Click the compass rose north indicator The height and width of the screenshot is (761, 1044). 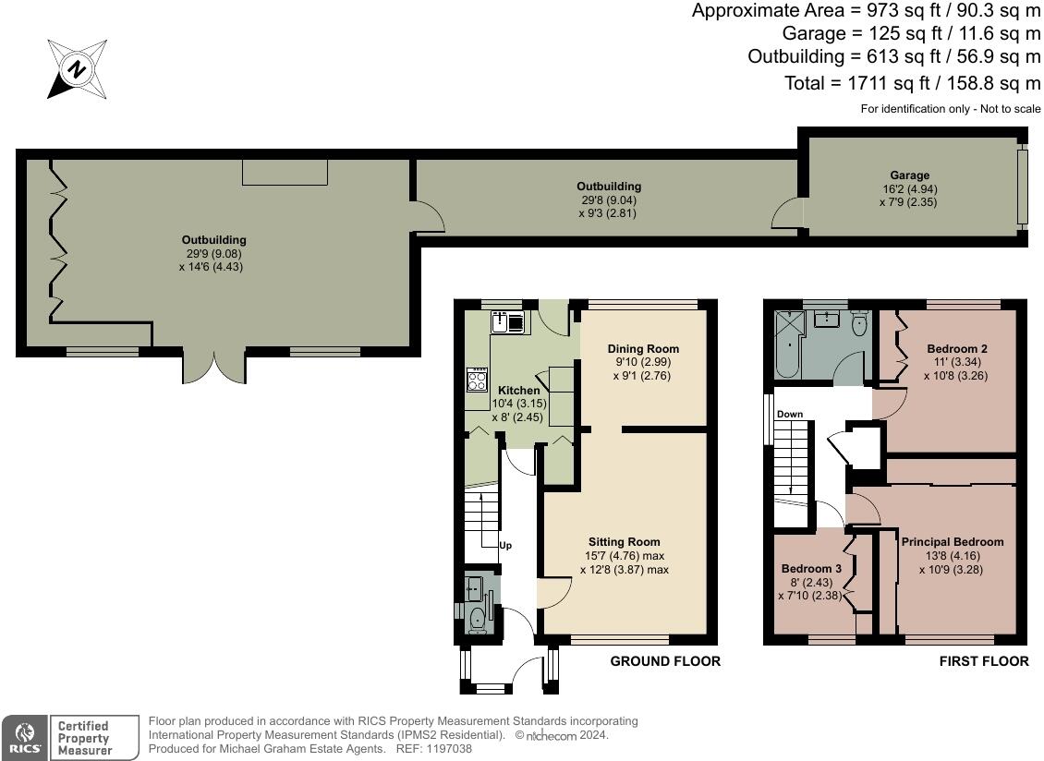click(78, 68)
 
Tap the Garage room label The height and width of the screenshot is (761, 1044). click(909, 175)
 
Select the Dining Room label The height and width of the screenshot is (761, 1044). click(643, 348)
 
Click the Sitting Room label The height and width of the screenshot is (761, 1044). click(624, 542)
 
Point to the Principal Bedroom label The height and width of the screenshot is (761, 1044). click(953, 542)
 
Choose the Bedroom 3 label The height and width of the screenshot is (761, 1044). click(811, 569)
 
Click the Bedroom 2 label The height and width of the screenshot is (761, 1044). click(957, 348)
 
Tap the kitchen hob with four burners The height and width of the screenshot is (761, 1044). click(477, 380)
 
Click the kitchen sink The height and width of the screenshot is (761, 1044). click(508, 322)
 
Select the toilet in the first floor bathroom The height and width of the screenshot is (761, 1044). click(859, 323)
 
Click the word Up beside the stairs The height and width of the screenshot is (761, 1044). click(505, 545)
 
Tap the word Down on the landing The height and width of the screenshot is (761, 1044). click(790, 414)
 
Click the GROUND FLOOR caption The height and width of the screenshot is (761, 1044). click(665, 661)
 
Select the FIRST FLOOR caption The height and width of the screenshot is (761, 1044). click(984, 661)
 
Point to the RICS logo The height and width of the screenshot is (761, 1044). click(25, 738)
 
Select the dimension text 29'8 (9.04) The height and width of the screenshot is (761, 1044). click(609, 199)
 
